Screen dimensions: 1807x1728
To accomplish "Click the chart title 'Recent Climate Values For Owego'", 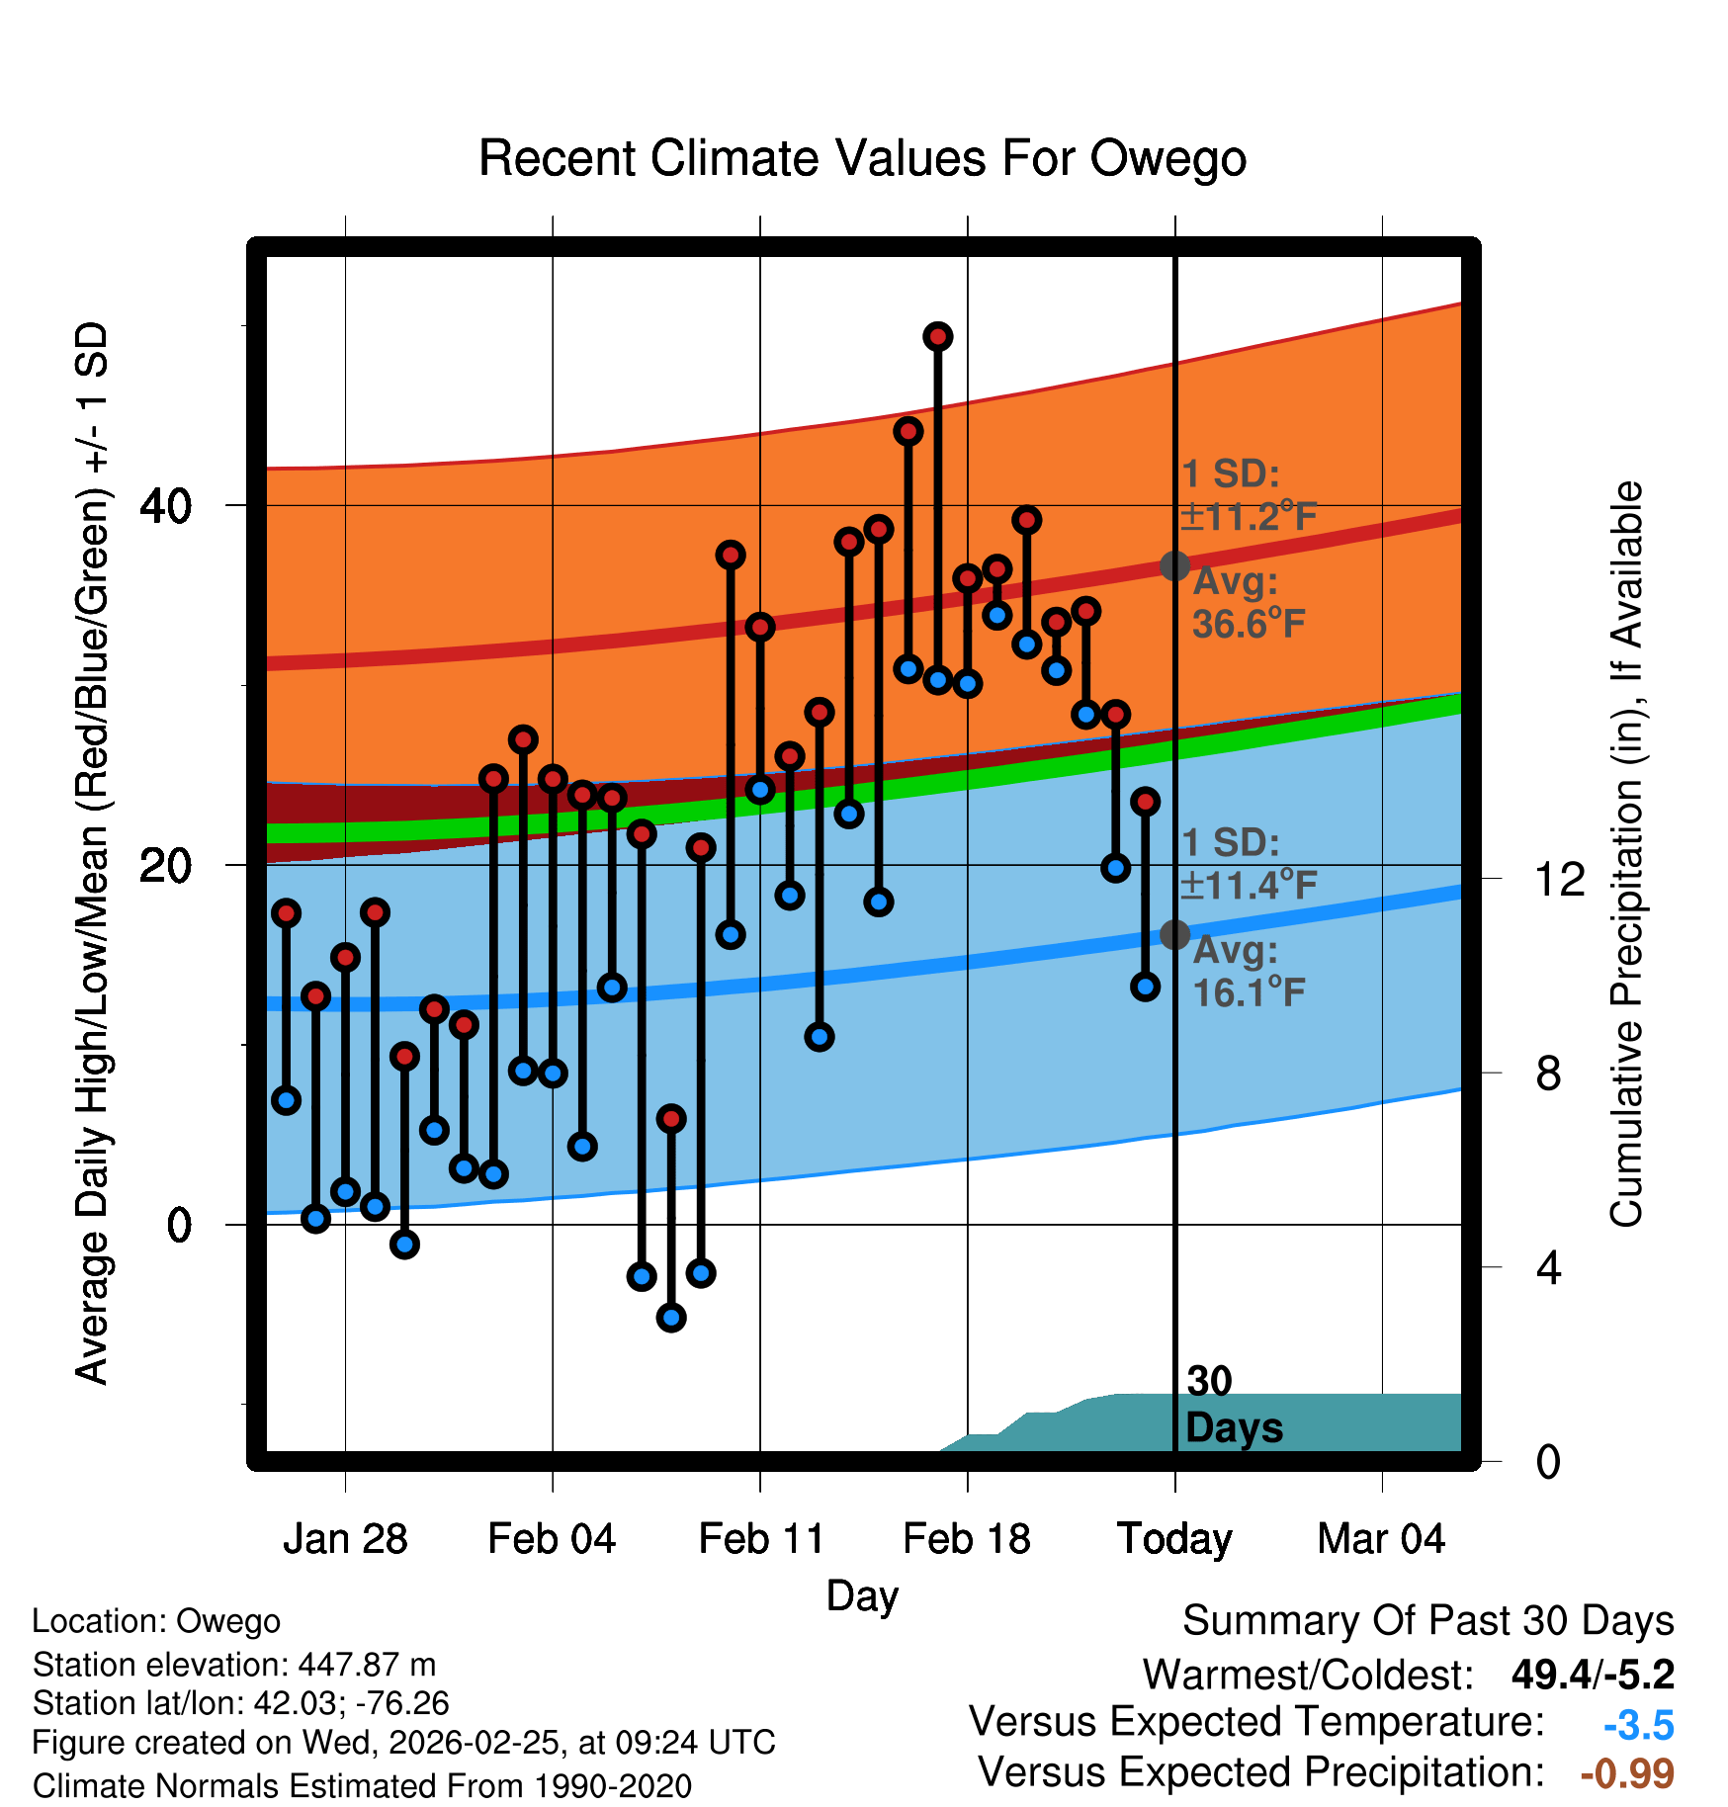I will [x=862, y=158].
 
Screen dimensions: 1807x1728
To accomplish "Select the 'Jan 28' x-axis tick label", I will [x=345, y=1539].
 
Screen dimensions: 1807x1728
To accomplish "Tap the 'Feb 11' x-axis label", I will [x=760, y=1539].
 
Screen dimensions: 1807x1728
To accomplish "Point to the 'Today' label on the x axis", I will [x=1174, y=1539].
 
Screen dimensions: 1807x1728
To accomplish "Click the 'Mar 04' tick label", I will [x=1381, y=1539].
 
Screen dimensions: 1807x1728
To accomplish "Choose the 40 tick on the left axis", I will [x=165, y=506].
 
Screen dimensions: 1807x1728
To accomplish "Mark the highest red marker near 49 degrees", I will [x=937, y=337].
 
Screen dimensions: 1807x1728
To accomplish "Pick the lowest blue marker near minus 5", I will [x=671, y=1317].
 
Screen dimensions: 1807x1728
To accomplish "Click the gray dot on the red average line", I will [x=1174, y=565].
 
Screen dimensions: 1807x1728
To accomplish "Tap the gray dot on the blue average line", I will [x=1174, y=934].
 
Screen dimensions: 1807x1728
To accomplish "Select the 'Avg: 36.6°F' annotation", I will [x=1248, y=603].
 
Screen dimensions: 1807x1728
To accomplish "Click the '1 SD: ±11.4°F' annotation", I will [x=1248, y=864].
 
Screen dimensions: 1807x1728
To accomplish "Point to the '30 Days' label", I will [x=1233, y=1405].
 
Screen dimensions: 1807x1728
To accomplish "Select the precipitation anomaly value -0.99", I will [x=1627, y=1773].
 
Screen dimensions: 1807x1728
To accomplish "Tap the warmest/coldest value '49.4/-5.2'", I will [x=1593, y=1675].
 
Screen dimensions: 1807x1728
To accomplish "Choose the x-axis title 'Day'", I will [x=862, y=1596].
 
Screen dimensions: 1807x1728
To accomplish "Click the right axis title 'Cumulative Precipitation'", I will [x=1626, y=854].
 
